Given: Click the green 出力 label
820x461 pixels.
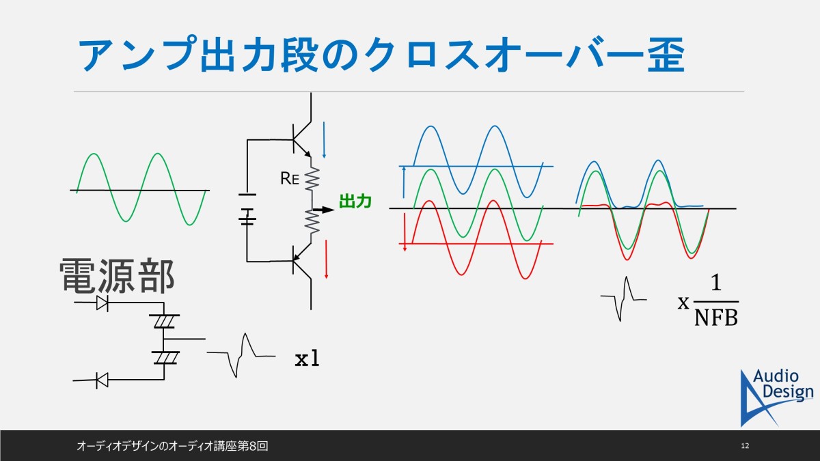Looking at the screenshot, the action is [x=355, y=201].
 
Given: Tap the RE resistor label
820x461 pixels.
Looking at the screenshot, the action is [x=290, y=178].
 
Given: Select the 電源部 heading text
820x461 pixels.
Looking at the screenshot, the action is [x=117, y=275].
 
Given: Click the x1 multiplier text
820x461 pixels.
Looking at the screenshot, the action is [x=307, y=359].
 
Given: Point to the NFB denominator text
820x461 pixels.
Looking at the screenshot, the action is [x=716, y=317].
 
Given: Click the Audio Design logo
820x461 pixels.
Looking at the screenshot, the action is [x=776, y=397].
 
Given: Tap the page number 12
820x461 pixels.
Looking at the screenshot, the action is [x=745, y=445].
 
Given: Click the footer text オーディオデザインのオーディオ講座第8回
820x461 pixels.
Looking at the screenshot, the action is [x=172, y=446].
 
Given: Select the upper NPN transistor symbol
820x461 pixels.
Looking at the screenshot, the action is [x=301, y=139].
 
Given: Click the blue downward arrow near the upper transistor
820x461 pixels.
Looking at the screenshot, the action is [x=324, y=140].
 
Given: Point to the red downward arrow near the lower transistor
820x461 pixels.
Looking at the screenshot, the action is [x=326, y=260].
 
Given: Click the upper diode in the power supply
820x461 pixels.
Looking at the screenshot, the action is [x=102, y=303].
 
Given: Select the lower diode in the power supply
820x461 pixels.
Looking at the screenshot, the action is [x=102, y=380].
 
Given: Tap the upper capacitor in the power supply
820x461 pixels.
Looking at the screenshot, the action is [x=163, y=321].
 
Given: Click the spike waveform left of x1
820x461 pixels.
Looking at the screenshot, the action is [x=241, y=355].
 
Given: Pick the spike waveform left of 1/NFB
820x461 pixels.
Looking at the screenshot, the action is [x=623, y=299].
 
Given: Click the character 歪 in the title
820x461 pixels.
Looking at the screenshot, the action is [x=666, y=55].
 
